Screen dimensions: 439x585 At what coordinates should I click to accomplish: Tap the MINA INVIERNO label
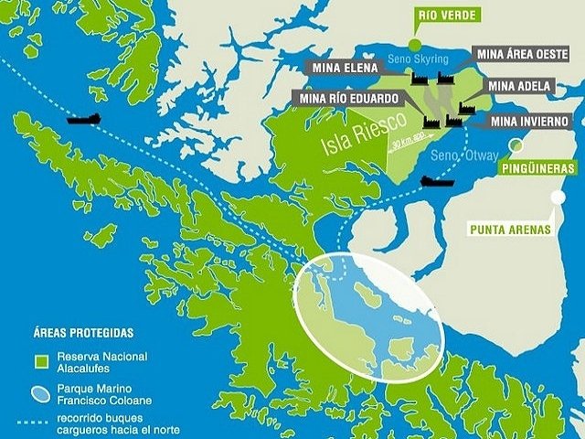tap(530, 121)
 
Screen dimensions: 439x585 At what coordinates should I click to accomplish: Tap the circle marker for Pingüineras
tap(517, 145)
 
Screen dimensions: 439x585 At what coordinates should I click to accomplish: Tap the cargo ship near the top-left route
tap(84, 119)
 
